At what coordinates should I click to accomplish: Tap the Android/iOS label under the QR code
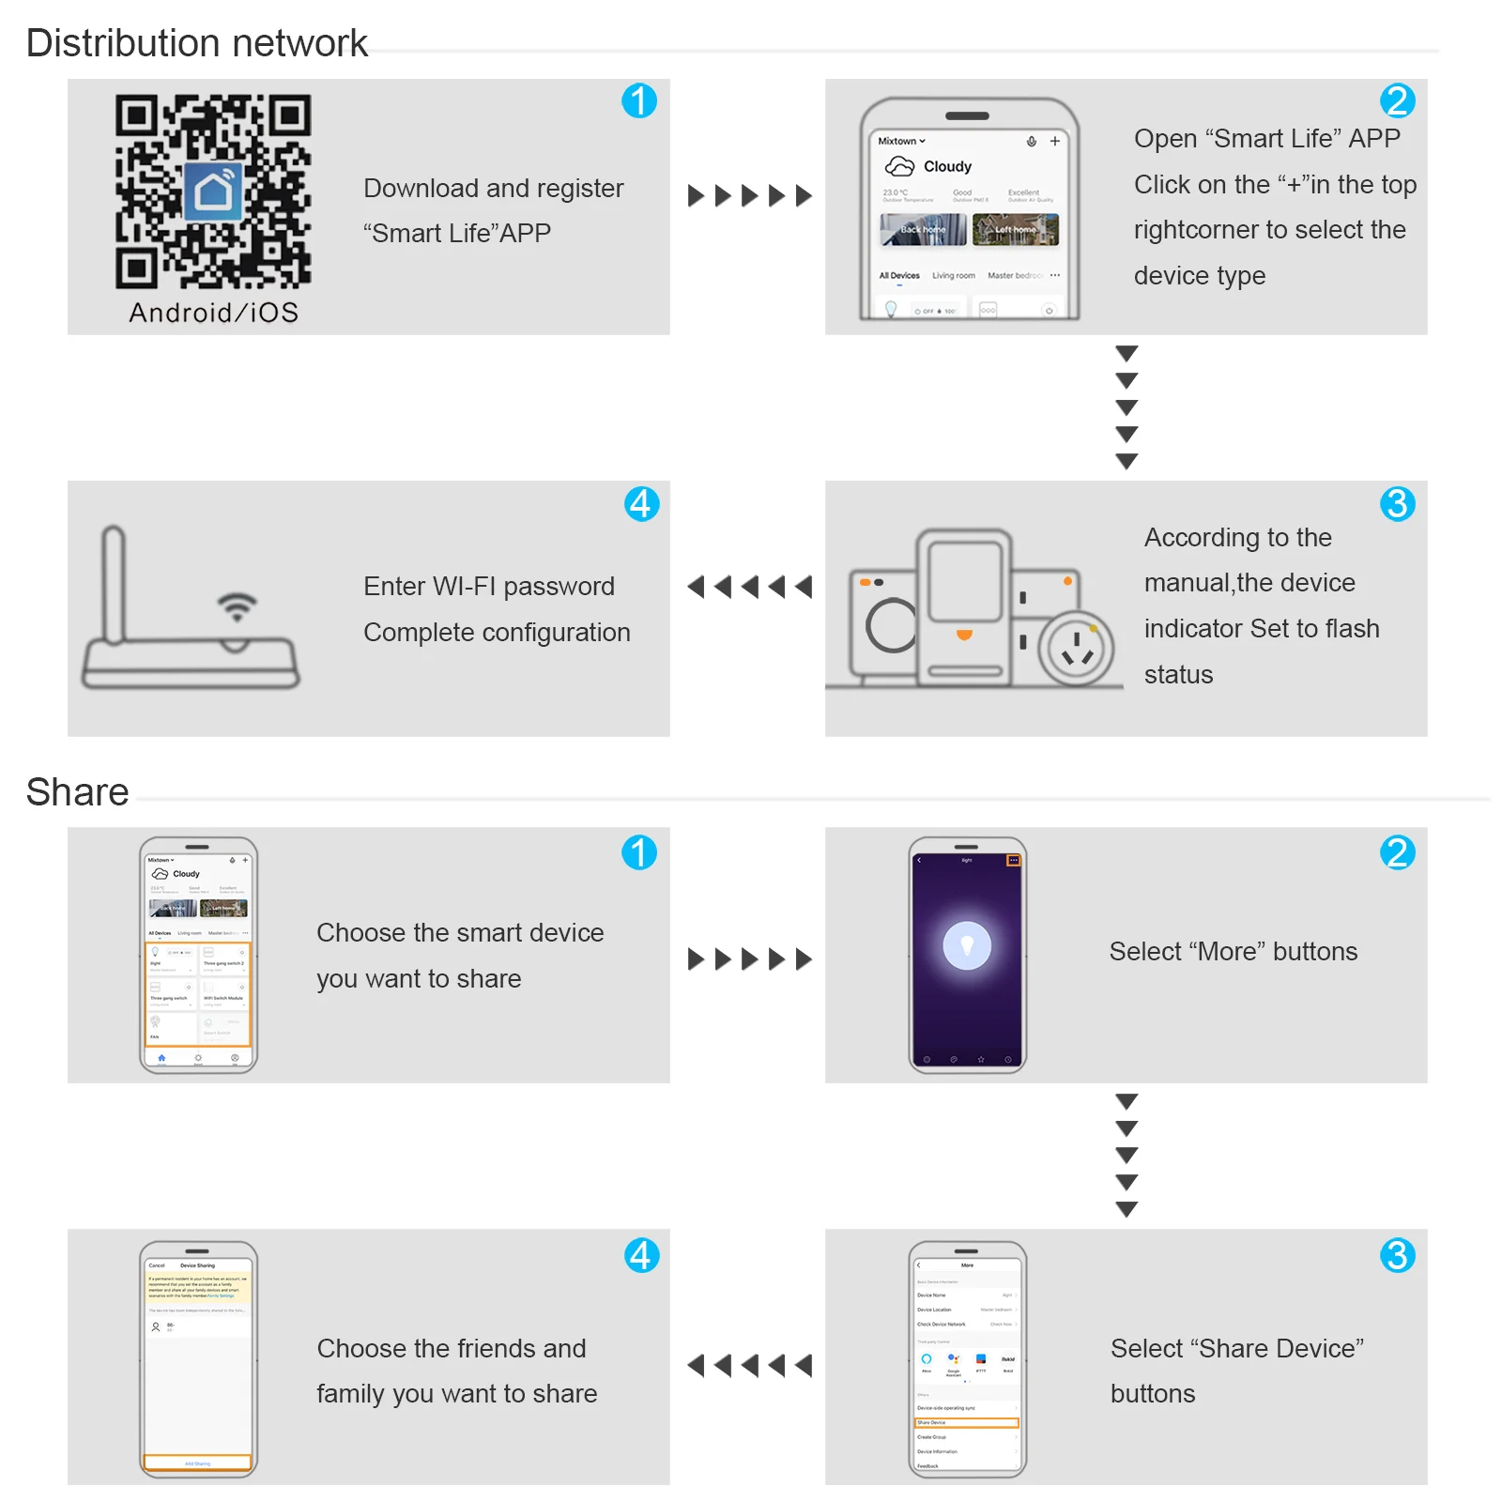(x=213, y=313)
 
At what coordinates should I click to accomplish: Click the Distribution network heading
(x=197, y=43)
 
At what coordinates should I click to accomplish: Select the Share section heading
(x=77, y=792)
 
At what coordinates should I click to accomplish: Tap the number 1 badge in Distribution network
(x=639, y=101)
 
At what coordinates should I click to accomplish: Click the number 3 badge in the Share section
(x=1397, y=1255)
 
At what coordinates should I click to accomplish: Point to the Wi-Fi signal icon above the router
(x=238, y=606)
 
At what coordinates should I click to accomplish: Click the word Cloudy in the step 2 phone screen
(x=947, y=167)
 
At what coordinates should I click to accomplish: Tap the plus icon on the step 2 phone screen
(x=1054, y=141)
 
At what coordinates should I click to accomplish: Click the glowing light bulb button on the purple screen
(x=967, y=945)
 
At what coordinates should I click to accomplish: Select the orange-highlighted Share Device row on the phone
(x=966, y=1422)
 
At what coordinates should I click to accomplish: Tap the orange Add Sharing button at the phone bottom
(x=197, y=1463)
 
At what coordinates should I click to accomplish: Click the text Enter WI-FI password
(x=489, y=587)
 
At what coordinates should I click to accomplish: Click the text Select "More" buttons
(x=1233, y=952)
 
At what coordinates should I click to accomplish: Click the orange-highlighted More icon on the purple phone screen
(x=1013, y=860)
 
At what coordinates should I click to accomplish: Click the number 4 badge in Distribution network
(x=641, y=504)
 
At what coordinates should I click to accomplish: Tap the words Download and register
(x=493, y=189)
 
